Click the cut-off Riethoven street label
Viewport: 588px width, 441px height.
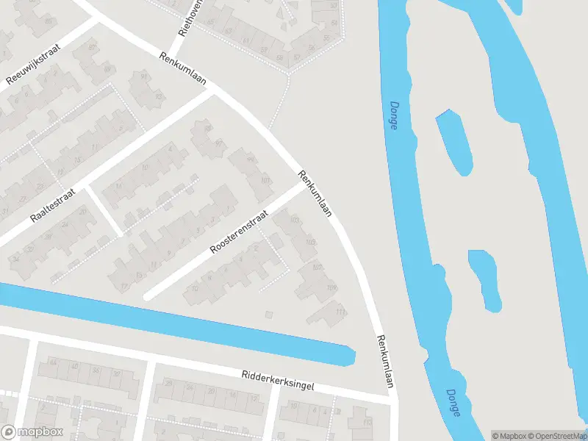click(189, 18)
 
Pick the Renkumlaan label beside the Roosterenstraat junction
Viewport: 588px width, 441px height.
click(315, 193)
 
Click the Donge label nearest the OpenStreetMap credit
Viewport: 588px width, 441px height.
click(453, 403)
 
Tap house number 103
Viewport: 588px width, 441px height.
click(295, 220)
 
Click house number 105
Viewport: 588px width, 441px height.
click(311, 243)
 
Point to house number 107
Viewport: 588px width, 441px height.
click(318, 267)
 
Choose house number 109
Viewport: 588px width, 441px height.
click(331, 287)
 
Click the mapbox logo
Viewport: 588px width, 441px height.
click(32, 431)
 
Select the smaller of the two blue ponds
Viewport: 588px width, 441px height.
click(486, 279)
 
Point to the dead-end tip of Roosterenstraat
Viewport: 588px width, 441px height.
click(148, 296)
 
